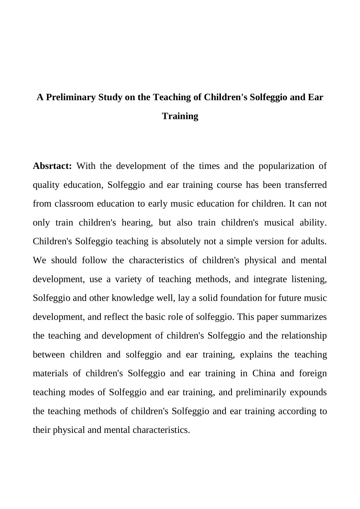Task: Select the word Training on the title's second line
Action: point(180,116)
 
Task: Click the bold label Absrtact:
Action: point(52,166)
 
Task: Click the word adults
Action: point(314,242)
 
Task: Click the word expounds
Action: point(308,392)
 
